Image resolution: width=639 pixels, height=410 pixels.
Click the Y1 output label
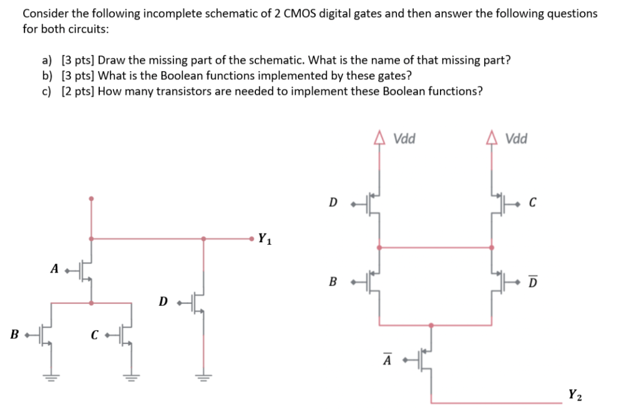(265, 238)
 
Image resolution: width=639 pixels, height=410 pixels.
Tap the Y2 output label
(576, 394)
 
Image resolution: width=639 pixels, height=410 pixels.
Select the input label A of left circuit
(54, 269)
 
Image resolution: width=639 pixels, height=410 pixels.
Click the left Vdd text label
(405, 139)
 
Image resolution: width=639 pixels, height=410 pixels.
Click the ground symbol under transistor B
(51, 375)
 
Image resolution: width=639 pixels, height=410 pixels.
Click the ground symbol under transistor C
(132, 375)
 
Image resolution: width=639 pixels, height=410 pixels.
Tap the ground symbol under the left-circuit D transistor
(203, 375)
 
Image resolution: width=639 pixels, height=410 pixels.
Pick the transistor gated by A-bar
(426, 360)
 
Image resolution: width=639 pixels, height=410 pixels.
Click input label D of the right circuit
(333, 203)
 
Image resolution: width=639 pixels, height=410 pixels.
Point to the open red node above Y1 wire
(92, 199)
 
